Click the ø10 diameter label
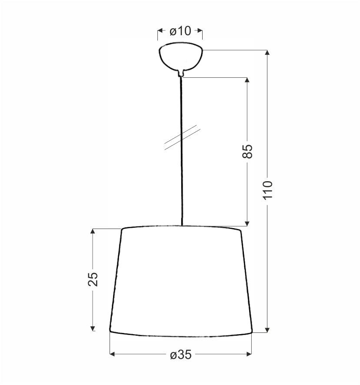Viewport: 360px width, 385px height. point(180,31)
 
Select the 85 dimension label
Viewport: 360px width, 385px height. point(247,152)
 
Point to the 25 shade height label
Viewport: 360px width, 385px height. point(93,279)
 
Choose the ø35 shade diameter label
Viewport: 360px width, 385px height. point(181,354)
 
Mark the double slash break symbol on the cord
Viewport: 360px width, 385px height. point(182,137)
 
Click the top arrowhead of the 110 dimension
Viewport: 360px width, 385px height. point(267,53)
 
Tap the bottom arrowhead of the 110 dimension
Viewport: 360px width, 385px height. point(267,330)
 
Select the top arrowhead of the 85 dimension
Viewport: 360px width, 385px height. point(247,80)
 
